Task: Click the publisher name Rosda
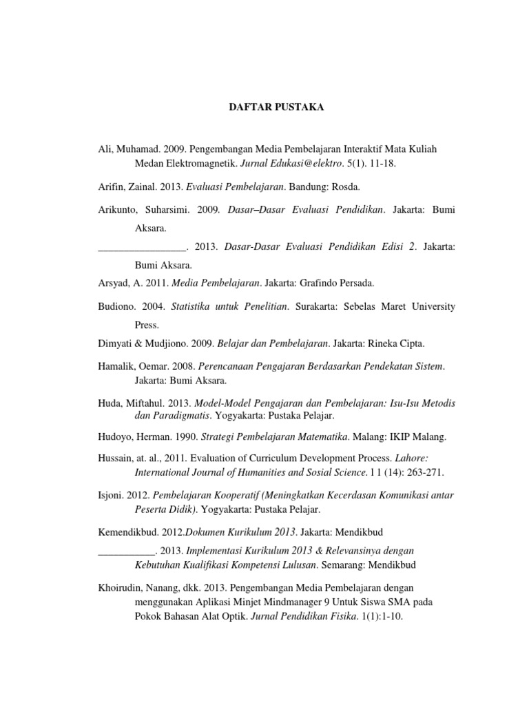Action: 346,187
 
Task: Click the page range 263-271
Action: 425,472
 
